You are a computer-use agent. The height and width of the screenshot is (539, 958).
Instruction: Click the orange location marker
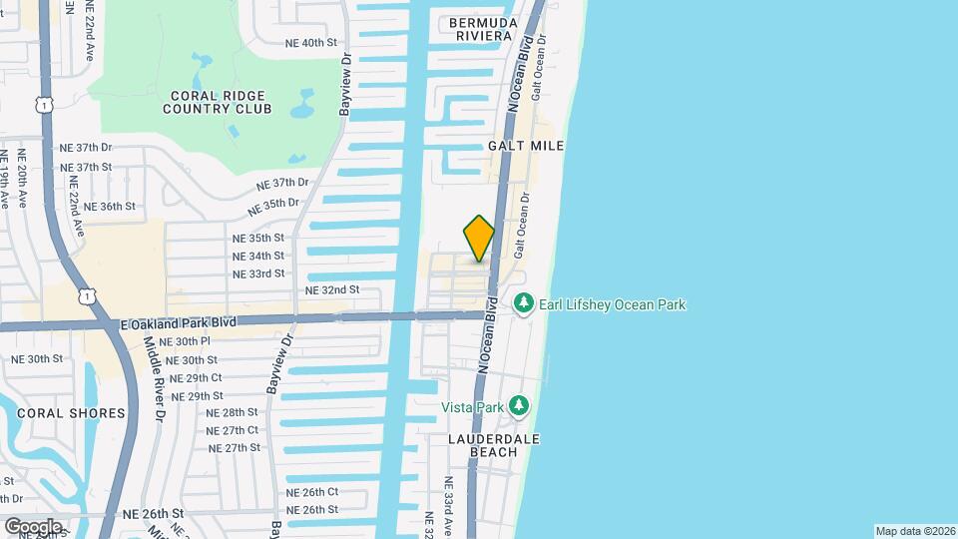(479, 239)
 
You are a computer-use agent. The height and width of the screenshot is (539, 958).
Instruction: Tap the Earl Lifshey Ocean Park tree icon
(523, 303)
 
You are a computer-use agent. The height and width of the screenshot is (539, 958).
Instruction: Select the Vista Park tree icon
(518, 406)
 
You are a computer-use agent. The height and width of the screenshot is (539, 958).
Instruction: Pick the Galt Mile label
(526, 146)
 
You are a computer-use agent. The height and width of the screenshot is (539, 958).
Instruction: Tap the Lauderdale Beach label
(494, 445)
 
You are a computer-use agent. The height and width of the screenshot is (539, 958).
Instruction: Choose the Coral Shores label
(70, 413)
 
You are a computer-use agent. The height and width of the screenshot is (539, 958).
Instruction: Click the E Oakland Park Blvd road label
(178, 323)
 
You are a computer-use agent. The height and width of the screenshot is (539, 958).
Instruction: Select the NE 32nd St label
(331, 289)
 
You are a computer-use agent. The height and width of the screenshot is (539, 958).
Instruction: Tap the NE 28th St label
(232, 412)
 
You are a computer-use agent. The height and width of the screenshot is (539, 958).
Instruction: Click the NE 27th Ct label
(233, 430)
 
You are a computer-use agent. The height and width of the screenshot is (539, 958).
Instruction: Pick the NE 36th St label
(109, 207)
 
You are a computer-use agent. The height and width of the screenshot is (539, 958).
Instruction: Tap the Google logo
(33, 526)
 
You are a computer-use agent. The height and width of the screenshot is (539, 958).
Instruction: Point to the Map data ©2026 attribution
(914, 531)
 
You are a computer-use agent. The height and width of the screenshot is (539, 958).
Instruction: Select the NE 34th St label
(258, 256)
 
